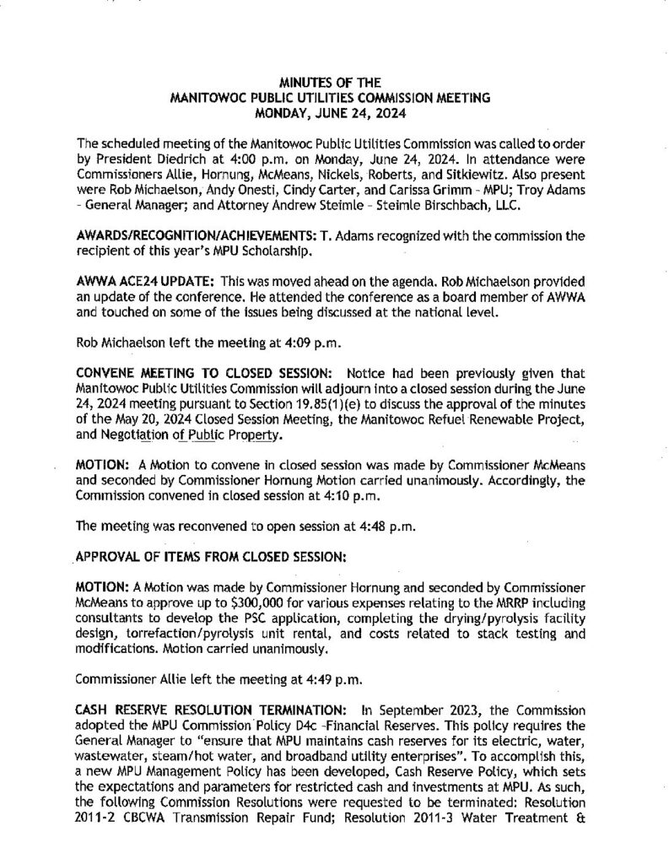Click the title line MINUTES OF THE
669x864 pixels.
pos(334,82)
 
